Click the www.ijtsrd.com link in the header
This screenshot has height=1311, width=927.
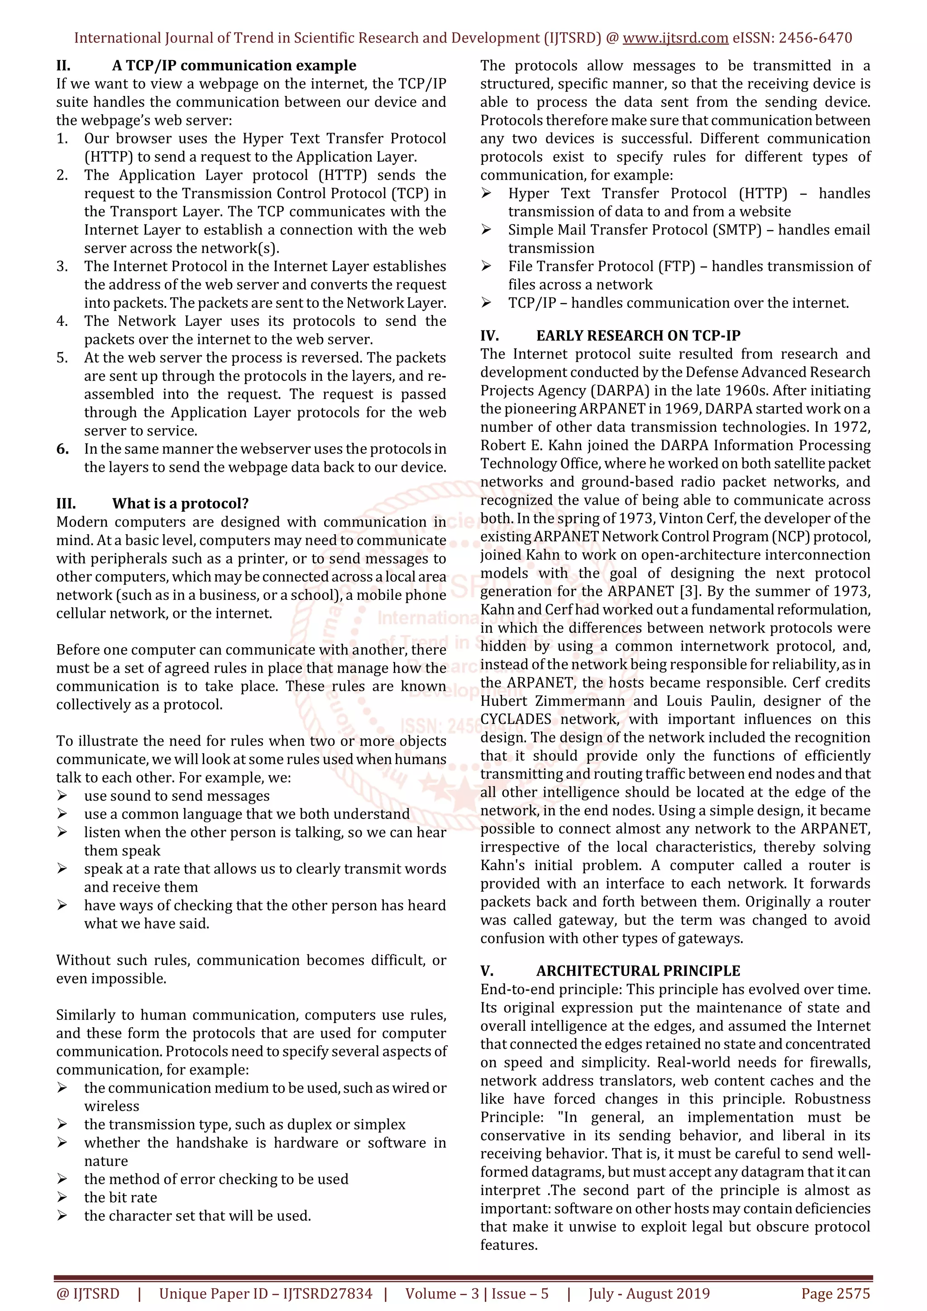coord(675,38)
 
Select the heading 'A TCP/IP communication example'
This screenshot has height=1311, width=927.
coord(234,66)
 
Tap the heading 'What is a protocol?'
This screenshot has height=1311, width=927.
coord(181,503)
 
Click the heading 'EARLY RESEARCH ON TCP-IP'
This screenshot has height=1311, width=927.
coord(638,336)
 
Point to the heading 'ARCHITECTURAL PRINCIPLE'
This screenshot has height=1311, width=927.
coord(638,971)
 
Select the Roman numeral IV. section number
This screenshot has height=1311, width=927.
coord(489,336)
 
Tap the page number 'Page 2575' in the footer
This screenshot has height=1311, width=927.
coord(835,1294)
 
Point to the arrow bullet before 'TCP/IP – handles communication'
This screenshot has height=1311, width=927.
coord(486,303)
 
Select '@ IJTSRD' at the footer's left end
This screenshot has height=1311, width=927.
coord(88,1294)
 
